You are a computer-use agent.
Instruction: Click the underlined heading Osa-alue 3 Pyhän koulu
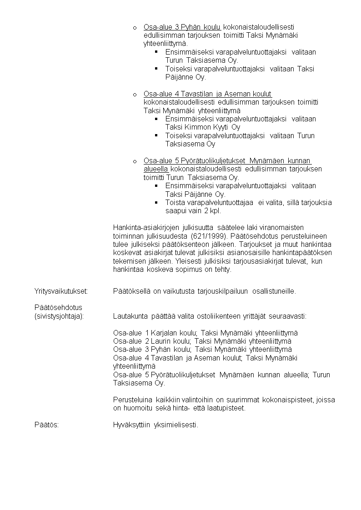[182, 27]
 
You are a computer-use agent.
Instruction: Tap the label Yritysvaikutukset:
[61, 291]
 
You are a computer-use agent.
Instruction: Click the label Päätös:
[46, 425]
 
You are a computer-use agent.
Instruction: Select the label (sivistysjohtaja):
[59, 316]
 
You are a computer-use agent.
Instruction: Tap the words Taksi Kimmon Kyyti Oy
[203, 127]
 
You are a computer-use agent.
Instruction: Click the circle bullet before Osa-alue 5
[135, 161]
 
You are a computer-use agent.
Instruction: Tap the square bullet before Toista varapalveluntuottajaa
[156, 202]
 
